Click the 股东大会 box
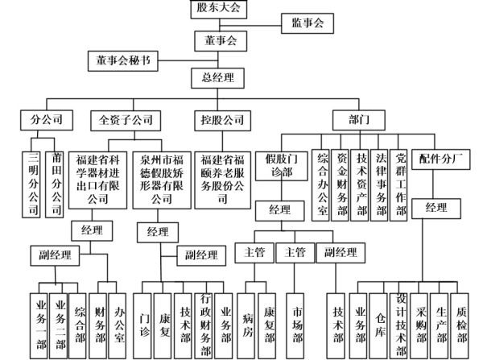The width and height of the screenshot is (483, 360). coord(219,9)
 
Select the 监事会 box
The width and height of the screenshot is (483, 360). coord(308,23)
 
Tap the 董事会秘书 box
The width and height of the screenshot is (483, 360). coord(123,61)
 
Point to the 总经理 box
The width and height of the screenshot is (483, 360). coord(218,78)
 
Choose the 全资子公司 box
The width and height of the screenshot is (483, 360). coord(126,121)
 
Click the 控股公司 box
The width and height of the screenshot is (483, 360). coord(222,121)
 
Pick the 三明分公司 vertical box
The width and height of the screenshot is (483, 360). coord(31,184)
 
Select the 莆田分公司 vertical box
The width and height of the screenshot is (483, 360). coord(55,184)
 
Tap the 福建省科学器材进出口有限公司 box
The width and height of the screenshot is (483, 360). coord(97,180)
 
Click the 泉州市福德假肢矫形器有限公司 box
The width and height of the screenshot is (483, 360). coord(162,180)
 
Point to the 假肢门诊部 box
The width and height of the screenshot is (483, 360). coord(282,166)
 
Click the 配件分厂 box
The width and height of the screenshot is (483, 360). coord(441,159)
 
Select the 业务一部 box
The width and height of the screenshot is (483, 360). coord(39,326)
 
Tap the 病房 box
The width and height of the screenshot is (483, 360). coord(246,326)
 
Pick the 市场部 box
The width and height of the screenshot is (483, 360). coord(295,326)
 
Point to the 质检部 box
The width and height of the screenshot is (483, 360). coord(460,326)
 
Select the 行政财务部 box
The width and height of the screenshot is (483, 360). coord(204,326)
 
